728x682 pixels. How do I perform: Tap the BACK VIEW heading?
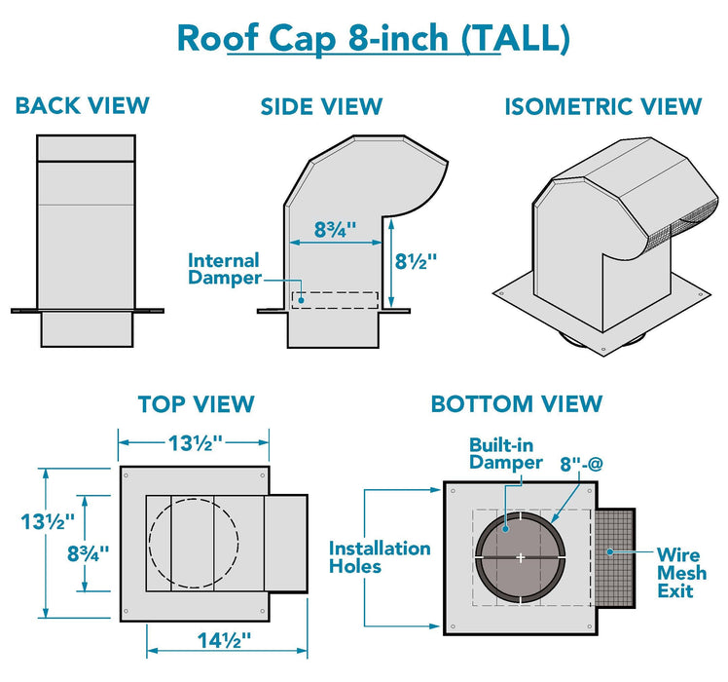(x=83, y=105)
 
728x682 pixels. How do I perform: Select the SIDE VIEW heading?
(x=321, y=106)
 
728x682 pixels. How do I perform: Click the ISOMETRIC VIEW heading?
(x=603, y=106)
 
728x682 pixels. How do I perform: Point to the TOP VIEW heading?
(x=196, y=403)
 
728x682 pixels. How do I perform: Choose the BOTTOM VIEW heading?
(x=517, y=403)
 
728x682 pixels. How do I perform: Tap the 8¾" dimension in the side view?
(x=335, y=230)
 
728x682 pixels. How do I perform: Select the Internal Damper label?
(x=224, y=269)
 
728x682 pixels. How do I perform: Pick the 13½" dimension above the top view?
(x=193, y=442)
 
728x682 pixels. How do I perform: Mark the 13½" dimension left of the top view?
(x=47, y=521)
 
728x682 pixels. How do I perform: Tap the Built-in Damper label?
(x=503, y=453)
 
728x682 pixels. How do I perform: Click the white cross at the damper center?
(x=521, y=557)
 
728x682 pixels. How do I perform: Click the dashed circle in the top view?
(x=193, y=543)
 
